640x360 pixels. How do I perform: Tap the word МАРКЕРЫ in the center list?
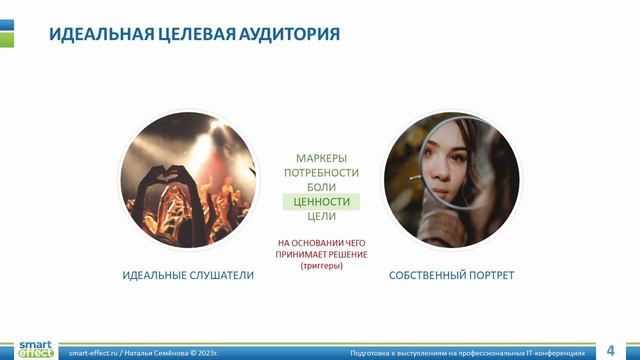[321, 159]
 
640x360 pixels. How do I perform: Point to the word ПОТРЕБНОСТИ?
[321, 173]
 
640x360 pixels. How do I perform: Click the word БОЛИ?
[321, 187]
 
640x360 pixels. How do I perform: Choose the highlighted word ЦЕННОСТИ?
[321, 201]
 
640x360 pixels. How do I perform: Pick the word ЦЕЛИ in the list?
[321, 216]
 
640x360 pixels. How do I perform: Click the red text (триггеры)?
[321, 267]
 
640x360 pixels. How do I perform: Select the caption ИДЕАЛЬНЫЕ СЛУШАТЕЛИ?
[188, 275]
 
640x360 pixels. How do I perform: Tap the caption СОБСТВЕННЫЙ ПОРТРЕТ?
[451, 275]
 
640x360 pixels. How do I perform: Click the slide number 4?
[610, 351]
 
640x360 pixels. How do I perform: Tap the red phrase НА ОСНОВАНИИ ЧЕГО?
[321, 243]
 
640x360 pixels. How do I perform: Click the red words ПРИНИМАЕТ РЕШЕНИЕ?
[321, 255]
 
